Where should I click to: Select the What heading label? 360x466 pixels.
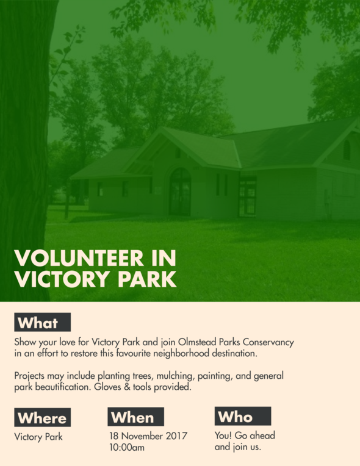pos(42,323)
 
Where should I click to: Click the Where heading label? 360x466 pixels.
pos(42,418)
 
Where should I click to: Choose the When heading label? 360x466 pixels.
pos(136,417)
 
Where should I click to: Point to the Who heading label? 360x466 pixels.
pos(242,417)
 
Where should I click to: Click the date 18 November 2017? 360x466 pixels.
pos(148,436)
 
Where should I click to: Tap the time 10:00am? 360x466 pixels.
pos(127,448)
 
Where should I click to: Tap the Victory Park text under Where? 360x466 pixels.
pos(38,437)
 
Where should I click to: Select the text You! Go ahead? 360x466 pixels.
pos(245,435)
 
